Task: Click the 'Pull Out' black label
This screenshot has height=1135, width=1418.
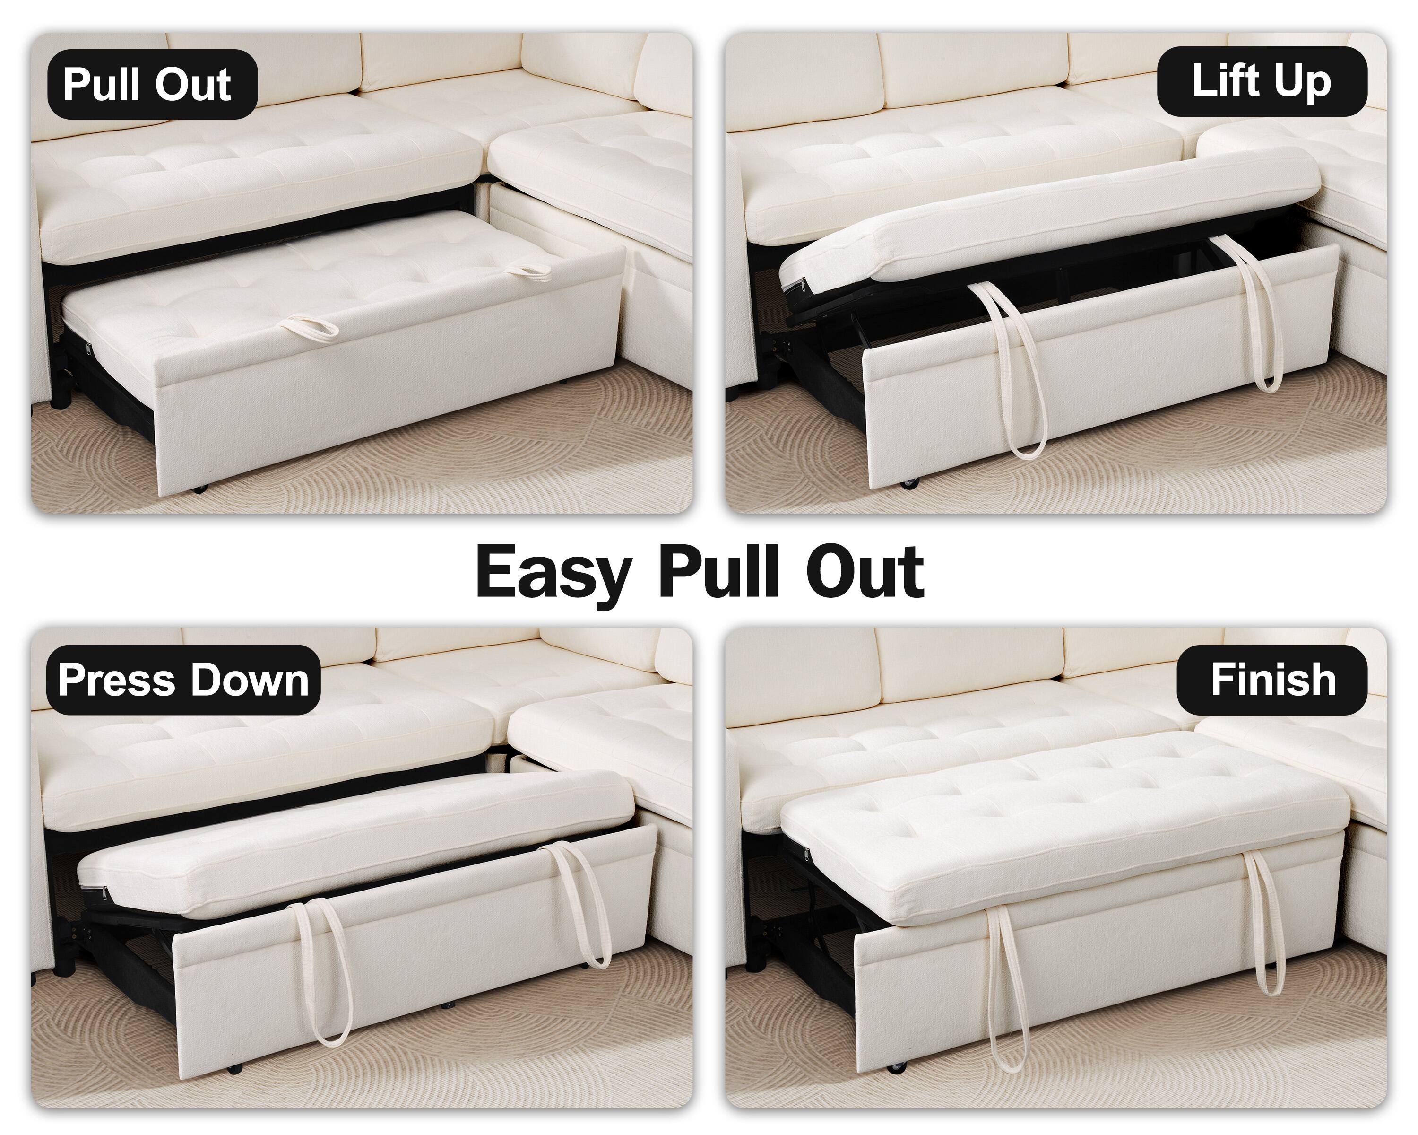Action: (x=152, y=84)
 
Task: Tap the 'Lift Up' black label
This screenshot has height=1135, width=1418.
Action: (x=1262, y=82)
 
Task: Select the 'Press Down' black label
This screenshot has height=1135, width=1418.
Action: (x=183, y=680)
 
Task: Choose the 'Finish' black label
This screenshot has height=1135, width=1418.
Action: (x=1272, y=680)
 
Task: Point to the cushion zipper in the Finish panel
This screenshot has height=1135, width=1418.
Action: (x=806, y=854)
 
